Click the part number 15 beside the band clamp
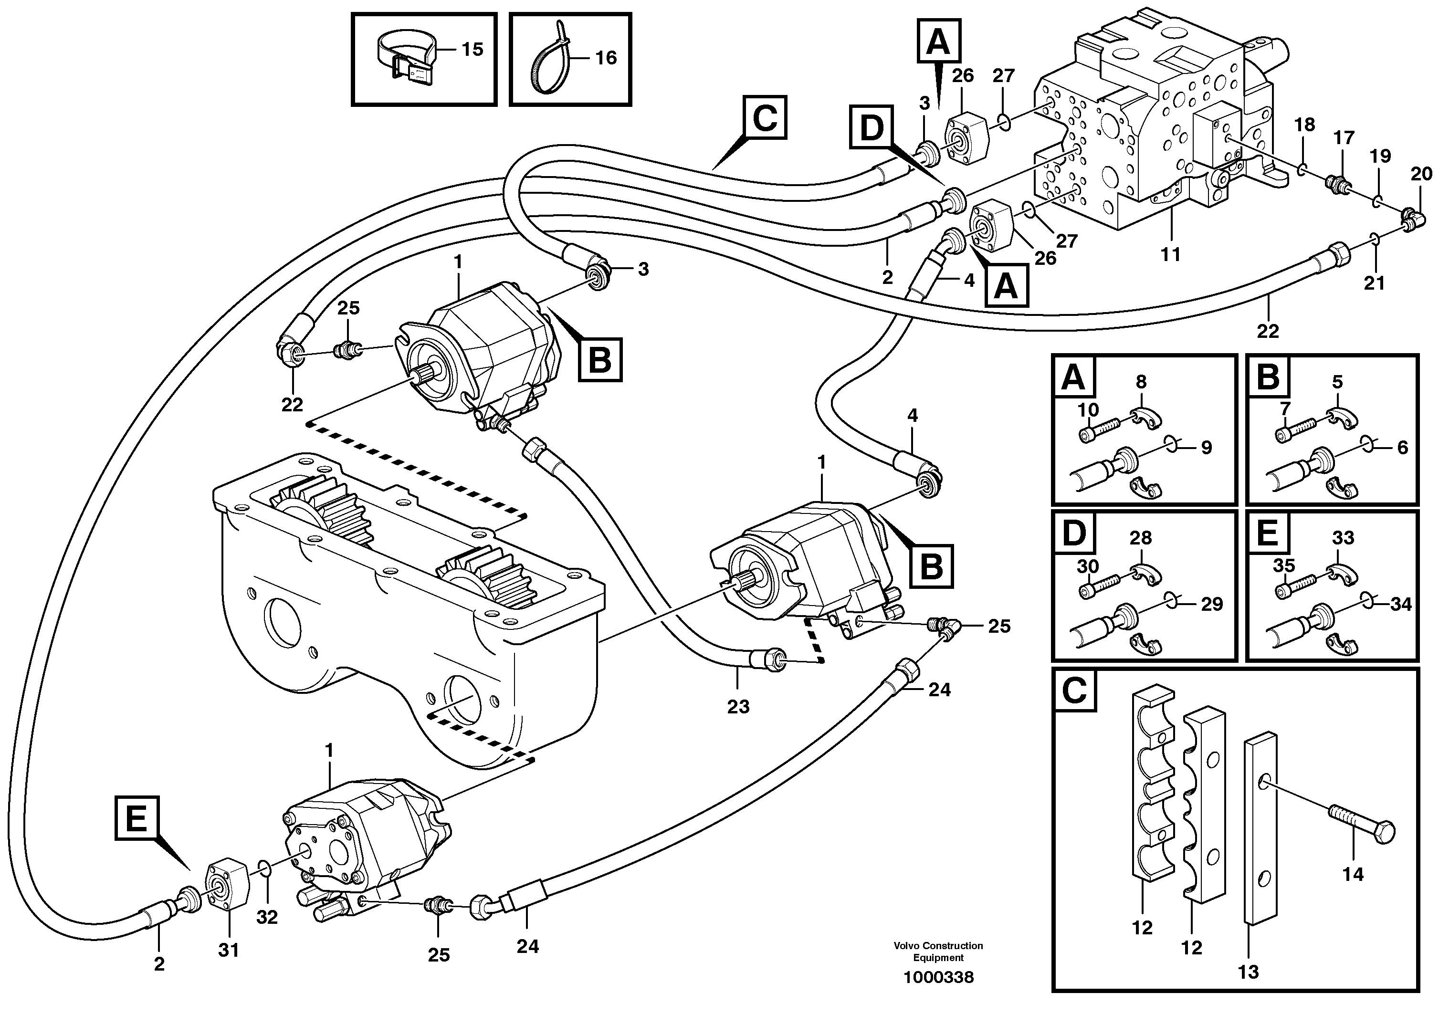click(472, 49)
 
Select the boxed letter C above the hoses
click(765, 117)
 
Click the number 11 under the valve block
click(1170, 255)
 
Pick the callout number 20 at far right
click(1421, 175)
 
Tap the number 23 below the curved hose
click(738, 706)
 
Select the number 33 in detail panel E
click(1343, 538)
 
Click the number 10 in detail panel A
click(1087, 411)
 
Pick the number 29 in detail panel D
click(1212, 604)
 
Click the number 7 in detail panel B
click(1285, 411)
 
